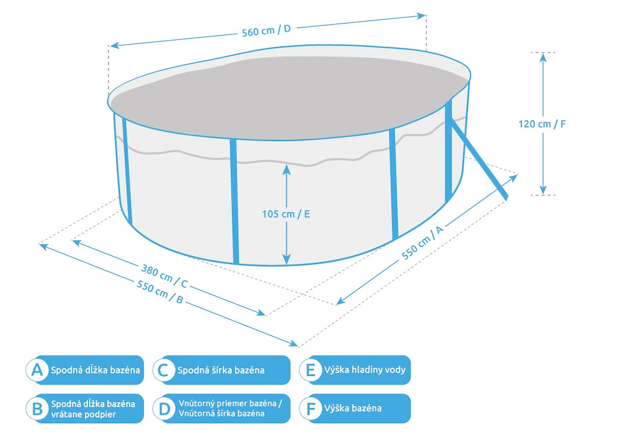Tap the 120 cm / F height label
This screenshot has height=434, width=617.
click(542, 124)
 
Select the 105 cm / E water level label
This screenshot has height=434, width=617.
click(286, 214)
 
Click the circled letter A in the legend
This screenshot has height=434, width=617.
click(38, 370)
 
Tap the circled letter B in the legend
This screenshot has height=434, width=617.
click(38, 409)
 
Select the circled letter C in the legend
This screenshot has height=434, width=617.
click(163, 370)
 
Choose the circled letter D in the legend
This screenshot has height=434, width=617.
click(163, 409)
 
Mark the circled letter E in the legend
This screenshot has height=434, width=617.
click(311, 370)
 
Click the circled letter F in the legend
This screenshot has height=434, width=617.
click(311, 409)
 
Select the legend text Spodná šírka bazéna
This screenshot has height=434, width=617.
click(221, 370)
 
